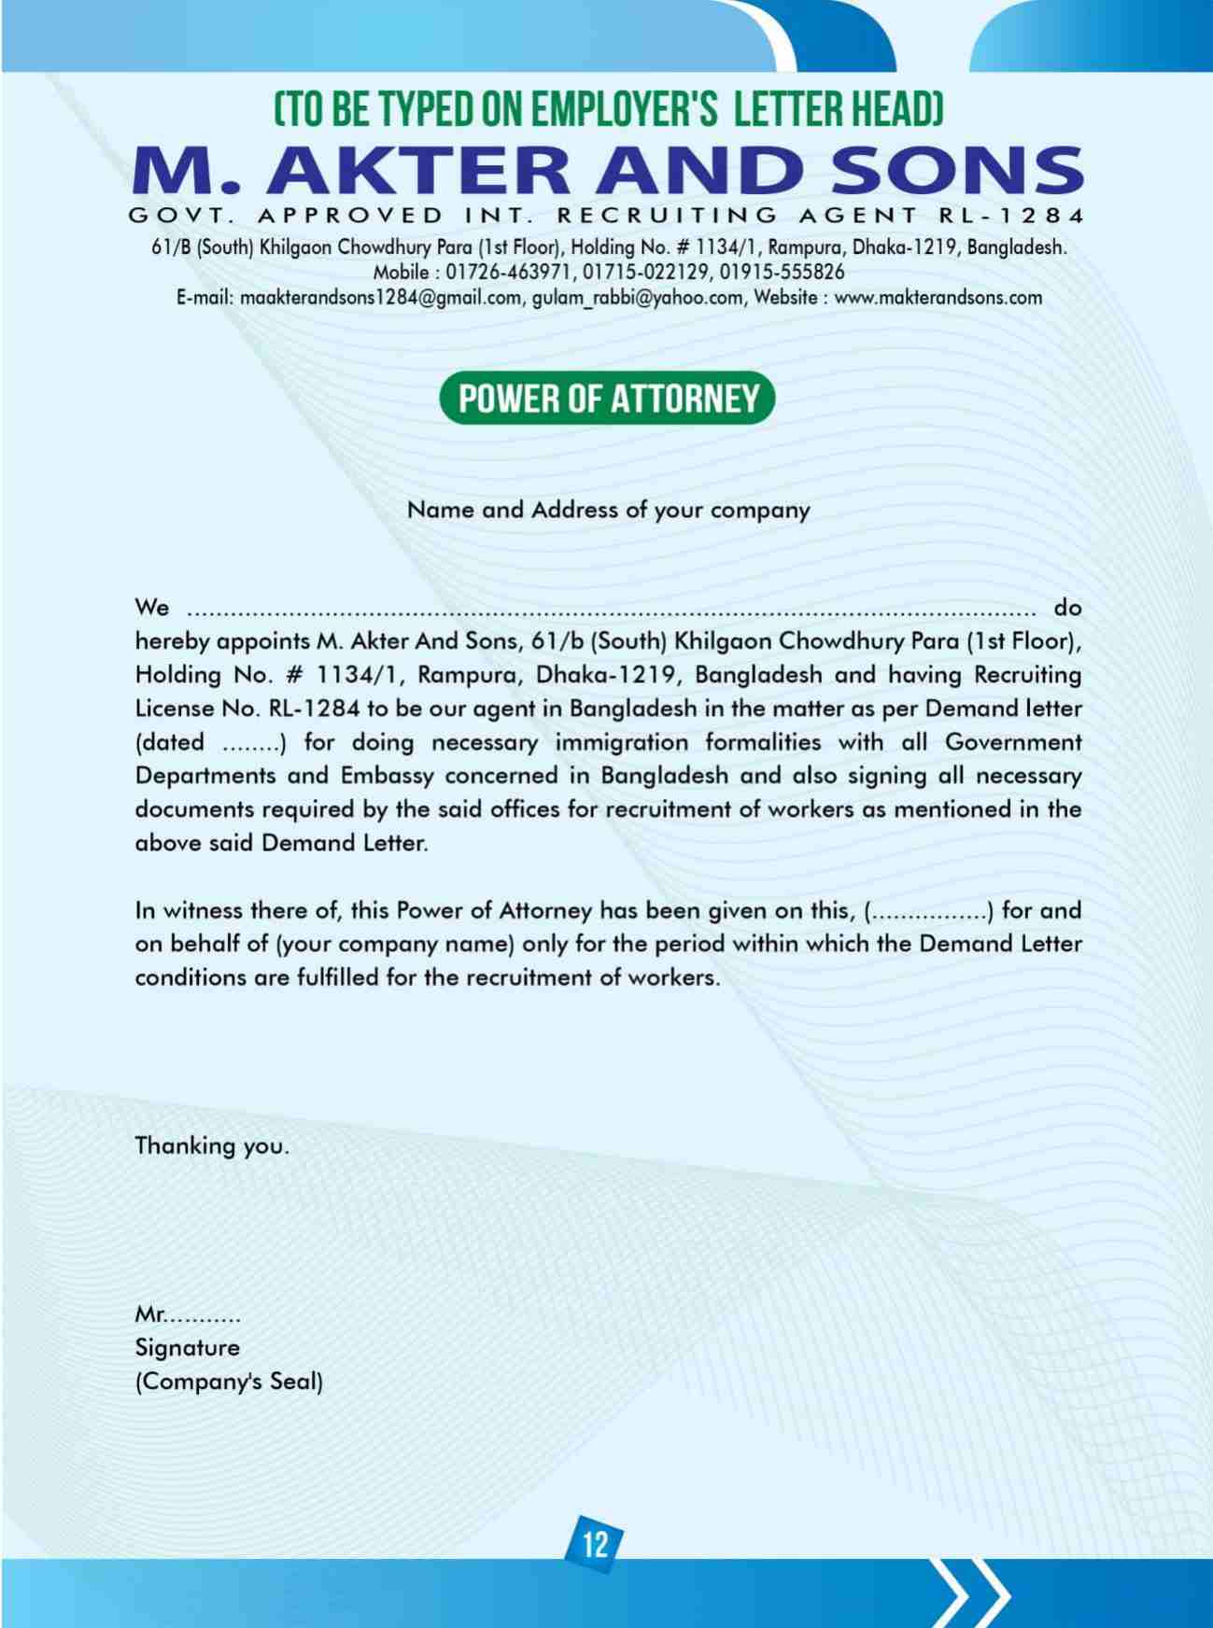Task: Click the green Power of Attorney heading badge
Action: pos(608,399)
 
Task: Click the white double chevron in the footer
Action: pos(977,1591)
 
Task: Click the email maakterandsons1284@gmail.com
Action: pos(380,298)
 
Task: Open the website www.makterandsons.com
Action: pos(938,298)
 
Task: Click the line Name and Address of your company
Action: pos(608,511)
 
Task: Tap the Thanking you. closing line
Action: pos(212,1145)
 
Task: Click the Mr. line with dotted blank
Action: pos(188,1316)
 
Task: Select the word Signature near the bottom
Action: pos(187,1348)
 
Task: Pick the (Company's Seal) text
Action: pos(229,1382)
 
